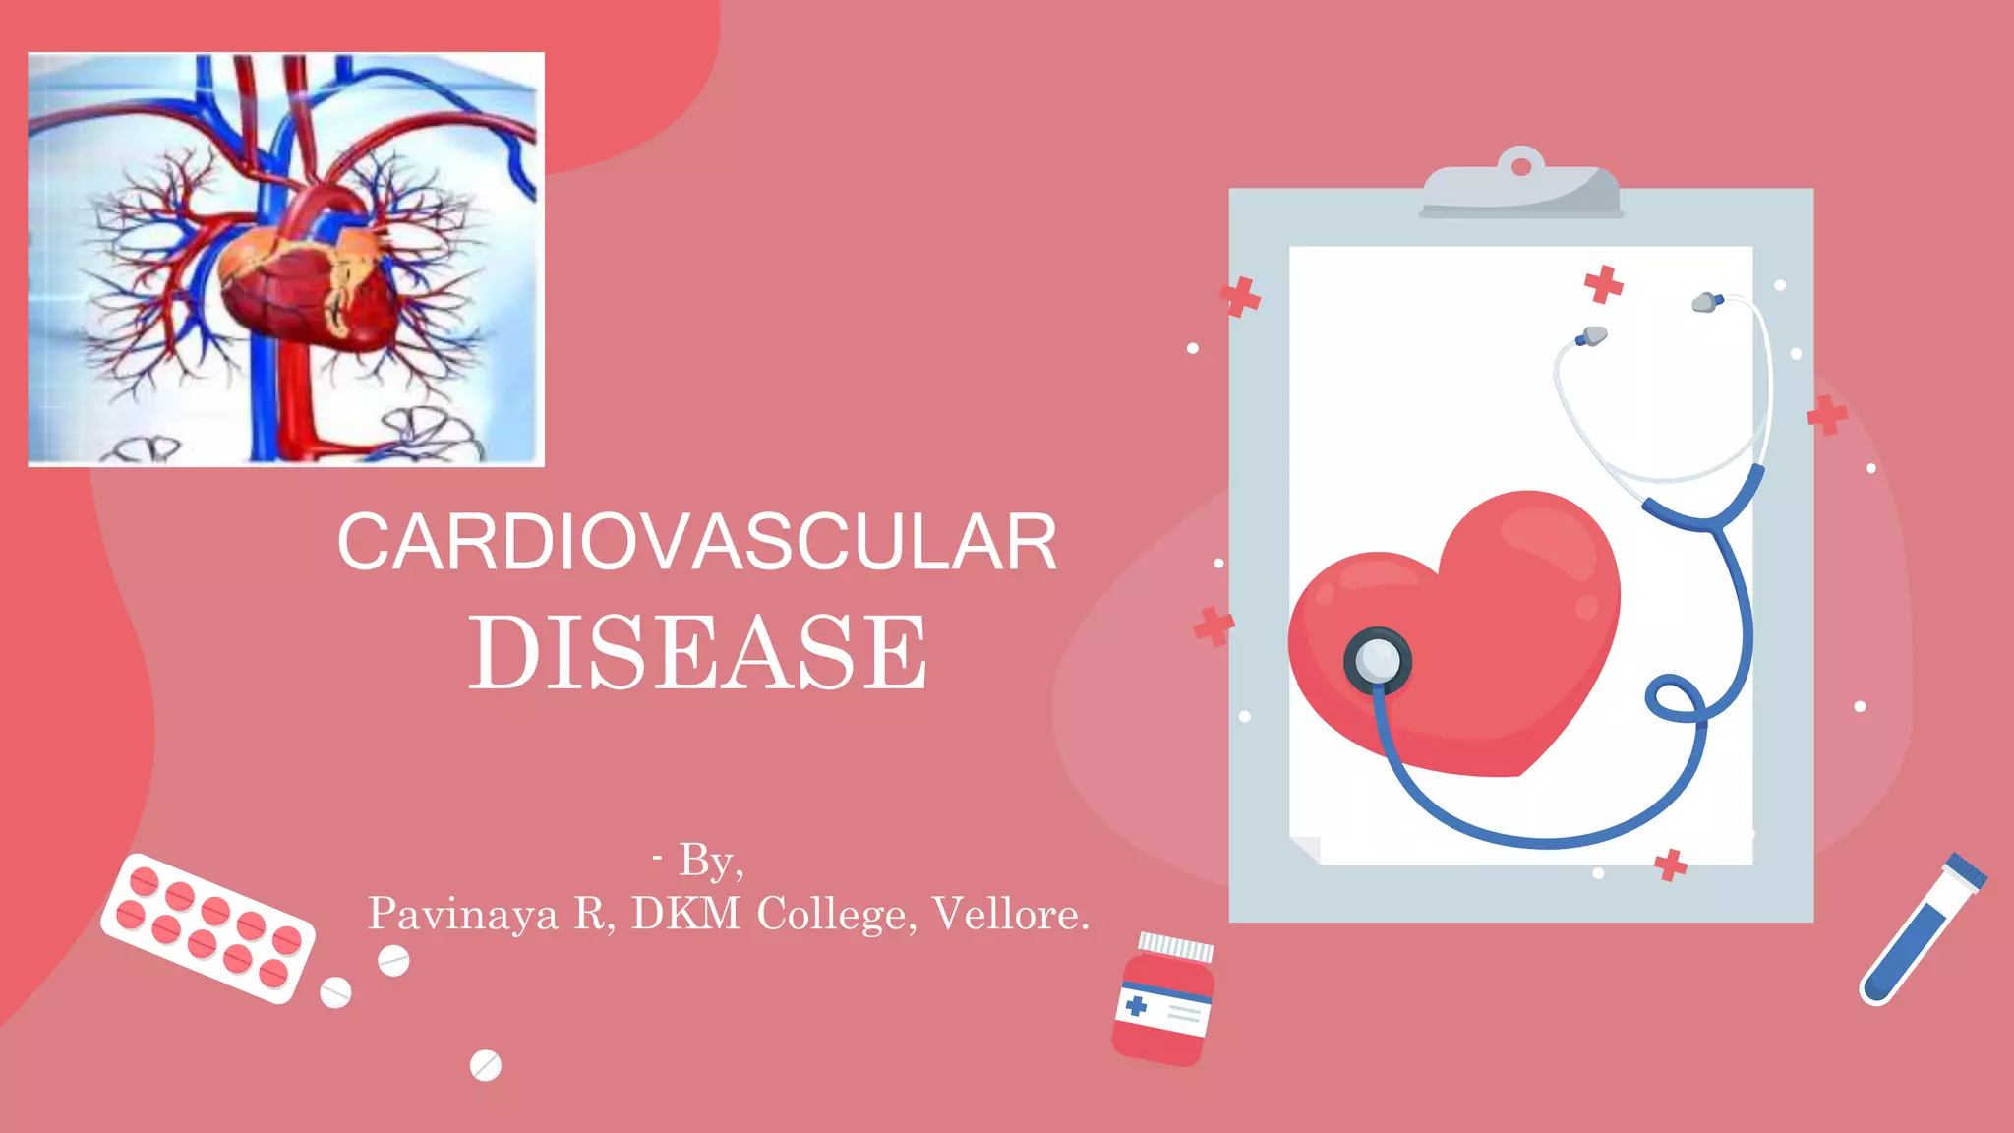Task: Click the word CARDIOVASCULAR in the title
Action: tap(697, 542)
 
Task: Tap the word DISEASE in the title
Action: tap(697, 652)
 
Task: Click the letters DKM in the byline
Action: tap(685, 914)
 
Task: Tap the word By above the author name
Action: tap(706, 861)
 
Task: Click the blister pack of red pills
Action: tap(208, 927)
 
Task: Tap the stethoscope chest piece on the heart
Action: tap(1377, 661)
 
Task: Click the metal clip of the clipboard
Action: tap(1520, 187)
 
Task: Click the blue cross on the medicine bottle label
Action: tap(1136, 1005)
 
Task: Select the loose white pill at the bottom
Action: tap(485, 1065)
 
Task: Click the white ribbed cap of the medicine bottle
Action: tap(1175, 947)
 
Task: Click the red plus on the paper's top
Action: tap(1603, 284)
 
